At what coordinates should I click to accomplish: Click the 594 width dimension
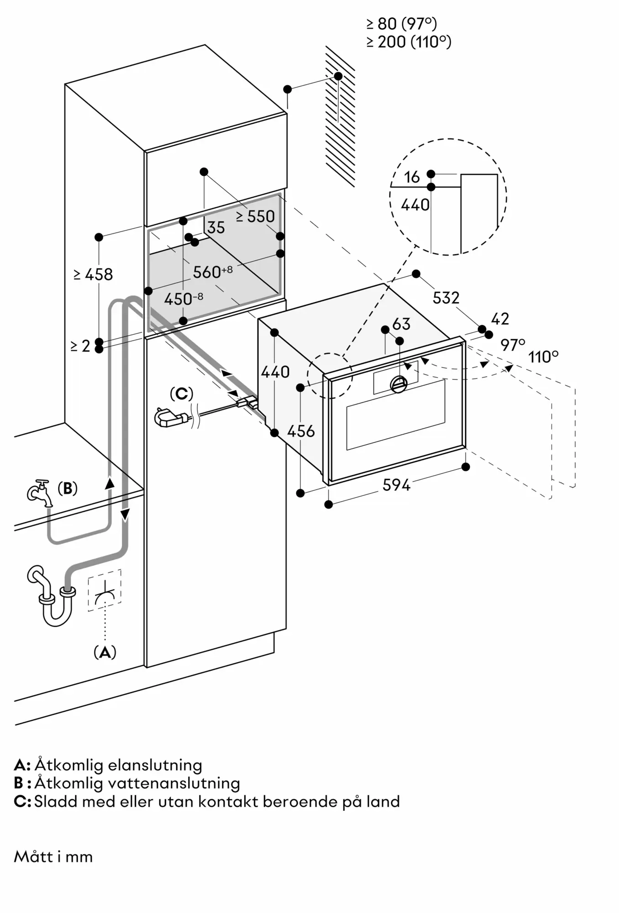tap(396, 485)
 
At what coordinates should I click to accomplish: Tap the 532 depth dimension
tap(446, 298)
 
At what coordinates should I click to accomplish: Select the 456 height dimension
tap(301, 431)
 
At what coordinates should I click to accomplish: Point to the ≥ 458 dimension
tap(93, 274)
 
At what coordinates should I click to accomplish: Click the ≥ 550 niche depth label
tap(255, 216)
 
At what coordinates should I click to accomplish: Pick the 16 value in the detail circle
tap(412, 177)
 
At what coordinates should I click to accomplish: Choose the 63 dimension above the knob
tap(401, 324)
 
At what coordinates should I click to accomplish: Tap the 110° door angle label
tap(543, 357)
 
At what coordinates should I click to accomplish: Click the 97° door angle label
tap(513, 345)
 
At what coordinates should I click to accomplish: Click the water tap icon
tap(40, 493)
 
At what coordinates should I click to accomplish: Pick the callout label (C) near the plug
tap(181, 394)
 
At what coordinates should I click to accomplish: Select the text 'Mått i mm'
tap(53, 857)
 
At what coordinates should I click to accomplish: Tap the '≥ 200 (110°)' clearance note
tap(409, 42)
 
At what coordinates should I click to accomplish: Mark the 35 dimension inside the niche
tap(216, 227)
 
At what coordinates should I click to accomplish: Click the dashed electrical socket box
tap(105, 590)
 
